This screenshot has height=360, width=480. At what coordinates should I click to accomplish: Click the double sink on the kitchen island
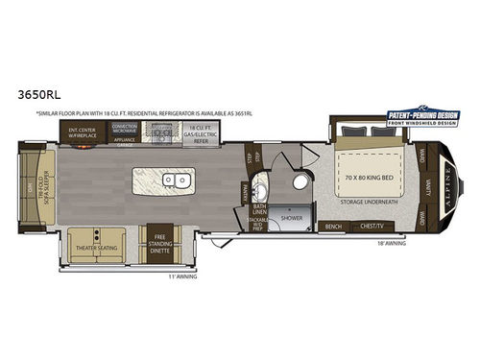tap(175, 179)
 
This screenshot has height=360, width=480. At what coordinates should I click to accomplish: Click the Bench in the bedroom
tap(333, 227)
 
